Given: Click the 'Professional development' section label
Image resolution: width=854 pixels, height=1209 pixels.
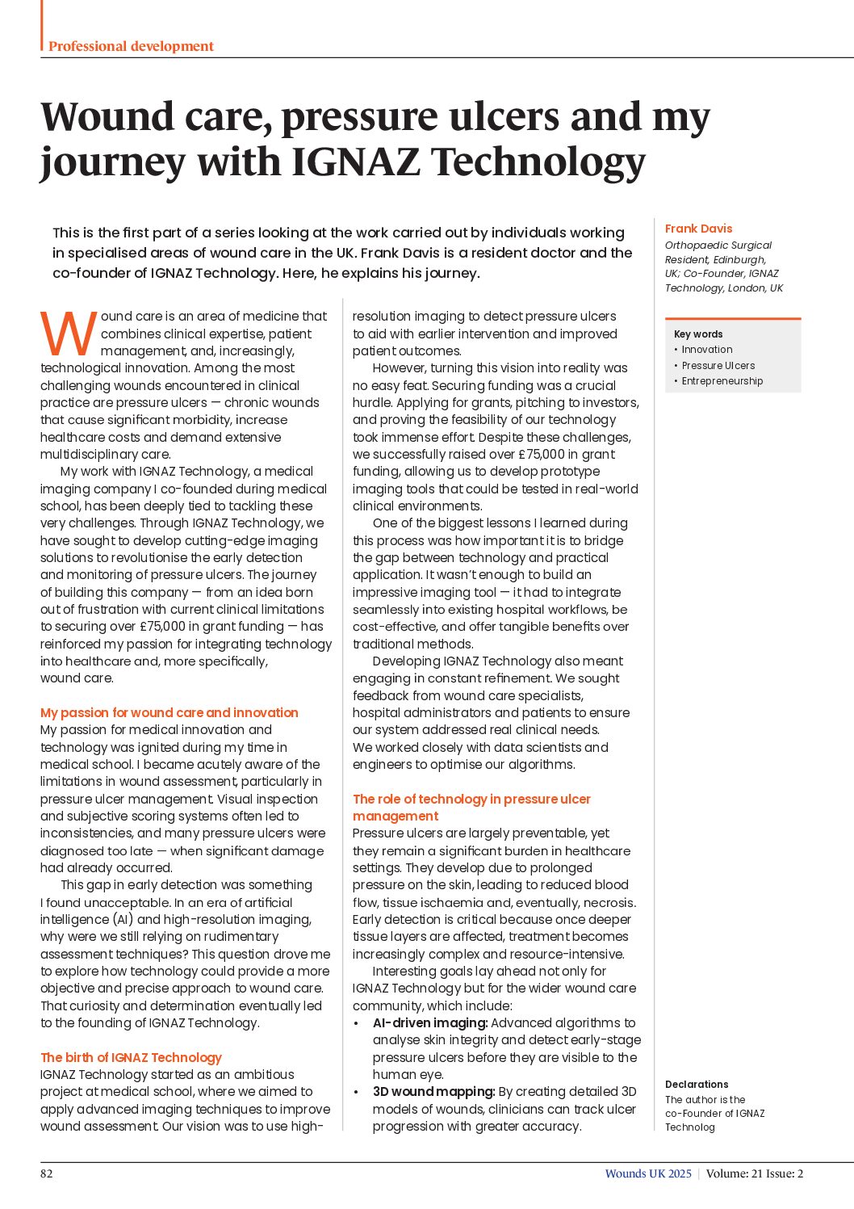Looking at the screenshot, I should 131,46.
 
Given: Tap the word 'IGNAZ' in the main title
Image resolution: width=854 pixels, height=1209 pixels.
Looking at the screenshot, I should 355,162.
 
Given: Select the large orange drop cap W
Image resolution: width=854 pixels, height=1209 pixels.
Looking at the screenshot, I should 68,334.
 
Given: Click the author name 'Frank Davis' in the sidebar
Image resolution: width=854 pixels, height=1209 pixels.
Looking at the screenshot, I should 698,229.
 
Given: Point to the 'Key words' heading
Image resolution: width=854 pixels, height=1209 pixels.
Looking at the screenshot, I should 698,334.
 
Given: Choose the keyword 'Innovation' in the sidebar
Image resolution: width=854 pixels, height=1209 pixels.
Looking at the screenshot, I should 706,350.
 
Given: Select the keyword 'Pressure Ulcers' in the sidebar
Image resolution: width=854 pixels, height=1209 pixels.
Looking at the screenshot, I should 718,365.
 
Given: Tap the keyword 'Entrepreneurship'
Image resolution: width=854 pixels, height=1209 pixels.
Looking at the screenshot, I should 722,381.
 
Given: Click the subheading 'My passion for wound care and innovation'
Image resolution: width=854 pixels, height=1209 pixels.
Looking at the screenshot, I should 170,712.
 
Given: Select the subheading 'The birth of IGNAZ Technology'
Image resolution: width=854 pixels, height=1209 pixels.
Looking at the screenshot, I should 131,1057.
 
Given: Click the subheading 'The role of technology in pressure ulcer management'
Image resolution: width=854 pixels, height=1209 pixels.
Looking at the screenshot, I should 471,807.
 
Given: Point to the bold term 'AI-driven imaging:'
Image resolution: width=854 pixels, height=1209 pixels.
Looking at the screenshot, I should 429,1023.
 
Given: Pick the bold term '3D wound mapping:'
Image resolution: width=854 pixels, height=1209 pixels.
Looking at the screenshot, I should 433,1092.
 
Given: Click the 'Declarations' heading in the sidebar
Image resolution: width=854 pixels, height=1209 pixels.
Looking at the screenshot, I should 697,1085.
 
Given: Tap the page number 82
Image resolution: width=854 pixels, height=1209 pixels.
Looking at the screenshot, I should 47,1173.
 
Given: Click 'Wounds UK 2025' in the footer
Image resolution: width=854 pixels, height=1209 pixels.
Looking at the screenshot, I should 648,1173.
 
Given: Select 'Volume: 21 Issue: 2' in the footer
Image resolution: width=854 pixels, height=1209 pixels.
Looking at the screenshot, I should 755,1173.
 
